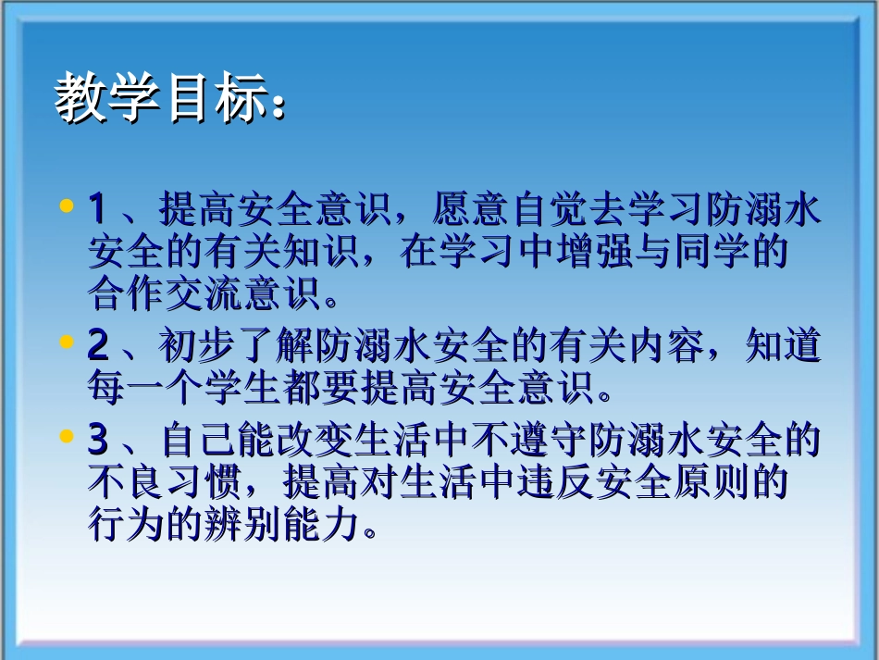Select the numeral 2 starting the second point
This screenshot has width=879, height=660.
pos(97,346)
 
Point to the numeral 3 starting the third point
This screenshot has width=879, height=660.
pos(97,440)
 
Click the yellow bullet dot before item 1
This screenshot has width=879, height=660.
pos(66,206)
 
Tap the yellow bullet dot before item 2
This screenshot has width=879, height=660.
pos(66,342)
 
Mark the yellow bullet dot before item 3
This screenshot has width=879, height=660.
pos(66,436)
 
